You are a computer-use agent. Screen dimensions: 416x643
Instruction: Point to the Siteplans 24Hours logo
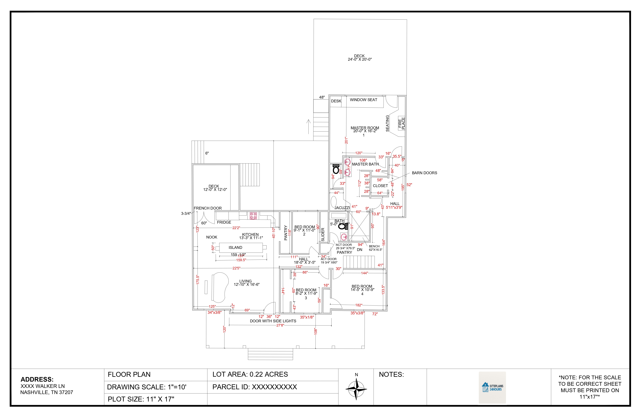492,388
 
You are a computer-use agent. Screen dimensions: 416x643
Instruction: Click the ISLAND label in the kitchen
235,247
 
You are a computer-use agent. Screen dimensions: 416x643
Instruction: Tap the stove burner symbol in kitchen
253,216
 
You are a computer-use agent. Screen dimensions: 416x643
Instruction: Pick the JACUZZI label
342,208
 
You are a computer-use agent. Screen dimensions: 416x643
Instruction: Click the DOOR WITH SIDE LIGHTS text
273,321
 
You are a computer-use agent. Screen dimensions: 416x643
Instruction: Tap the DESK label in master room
336,101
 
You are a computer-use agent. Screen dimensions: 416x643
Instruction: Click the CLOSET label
380,186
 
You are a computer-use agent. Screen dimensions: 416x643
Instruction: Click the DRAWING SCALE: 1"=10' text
147,387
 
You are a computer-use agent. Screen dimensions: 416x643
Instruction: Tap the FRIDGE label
224,222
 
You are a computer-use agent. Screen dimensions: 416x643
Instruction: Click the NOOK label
212,237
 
